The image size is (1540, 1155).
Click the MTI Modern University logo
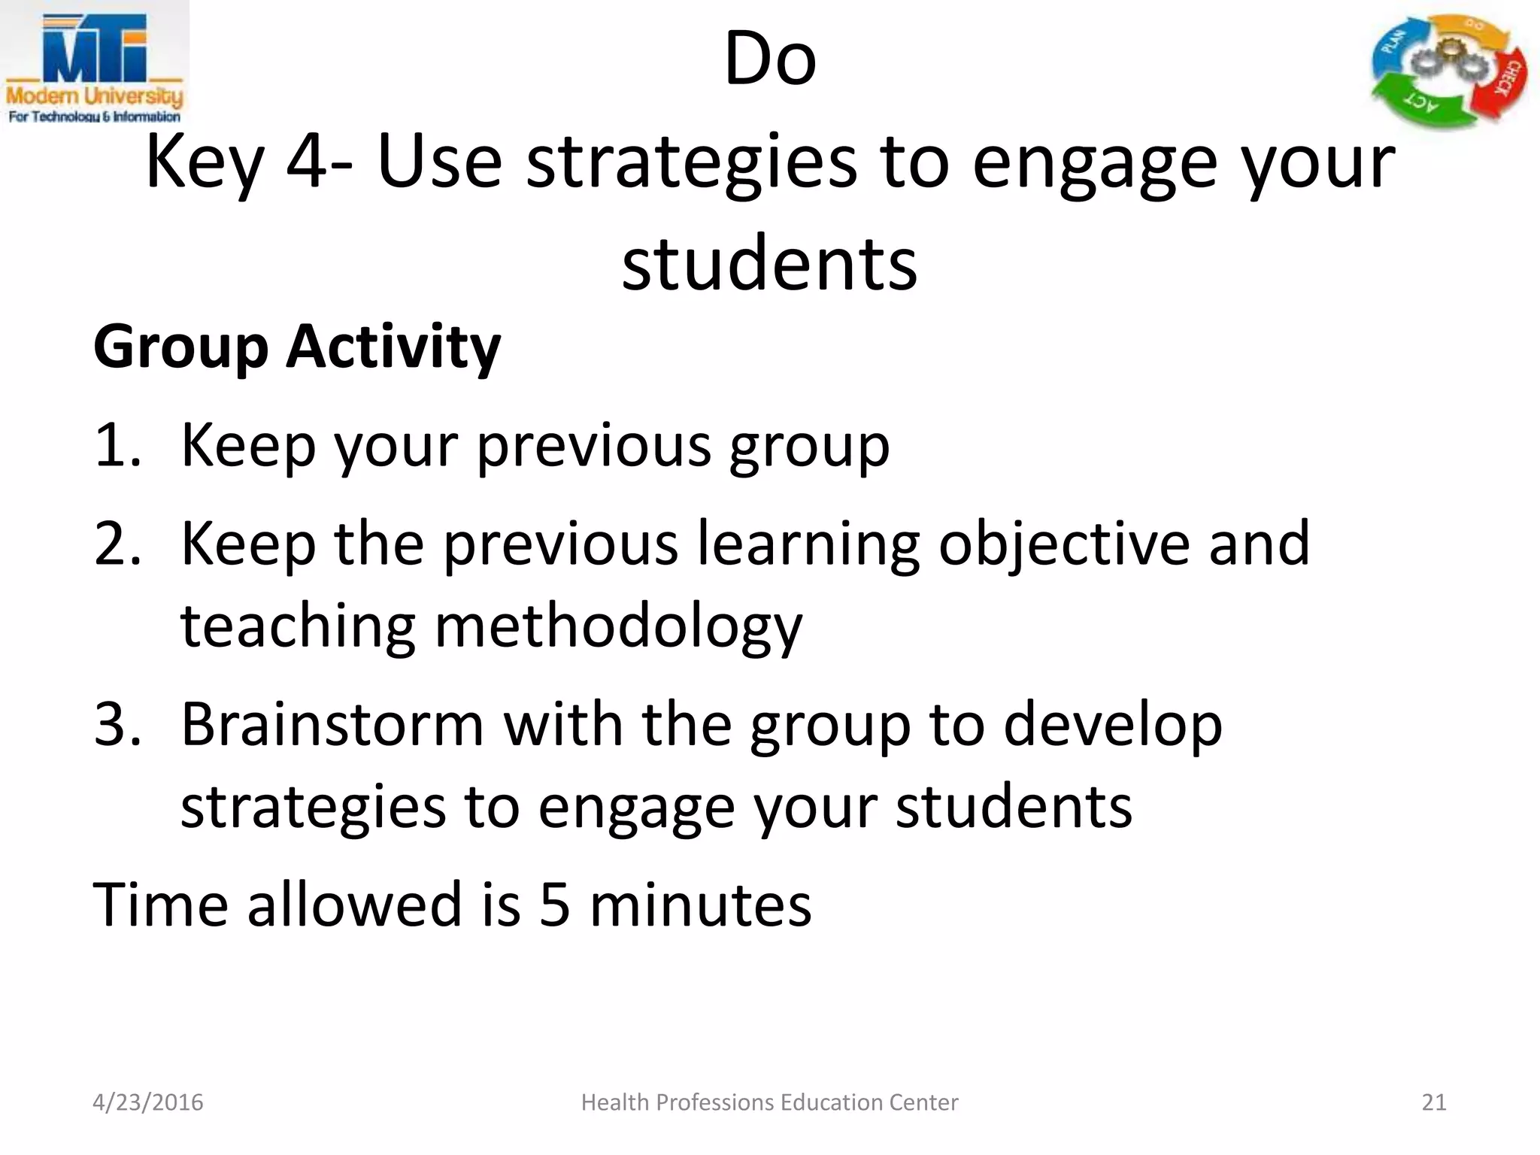pos(95,66)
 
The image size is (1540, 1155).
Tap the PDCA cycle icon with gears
pos(1448,71)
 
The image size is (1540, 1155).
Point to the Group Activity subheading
pos(297,347)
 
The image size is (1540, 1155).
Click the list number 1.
pos(117,445)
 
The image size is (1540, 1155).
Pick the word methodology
pos(618,627)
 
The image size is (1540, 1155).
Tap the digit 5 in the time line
pos(555,904)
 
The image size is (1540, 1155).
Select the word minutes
pos(700,904)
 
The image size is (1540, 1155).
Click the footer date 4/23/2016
pos(147,1102)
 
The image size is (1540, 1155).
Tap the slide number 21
pos(1434,1102)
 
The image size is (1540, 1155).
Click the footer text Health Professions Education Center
pos(769,1102)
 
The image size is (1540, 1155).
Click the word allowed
pos(354,904)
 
